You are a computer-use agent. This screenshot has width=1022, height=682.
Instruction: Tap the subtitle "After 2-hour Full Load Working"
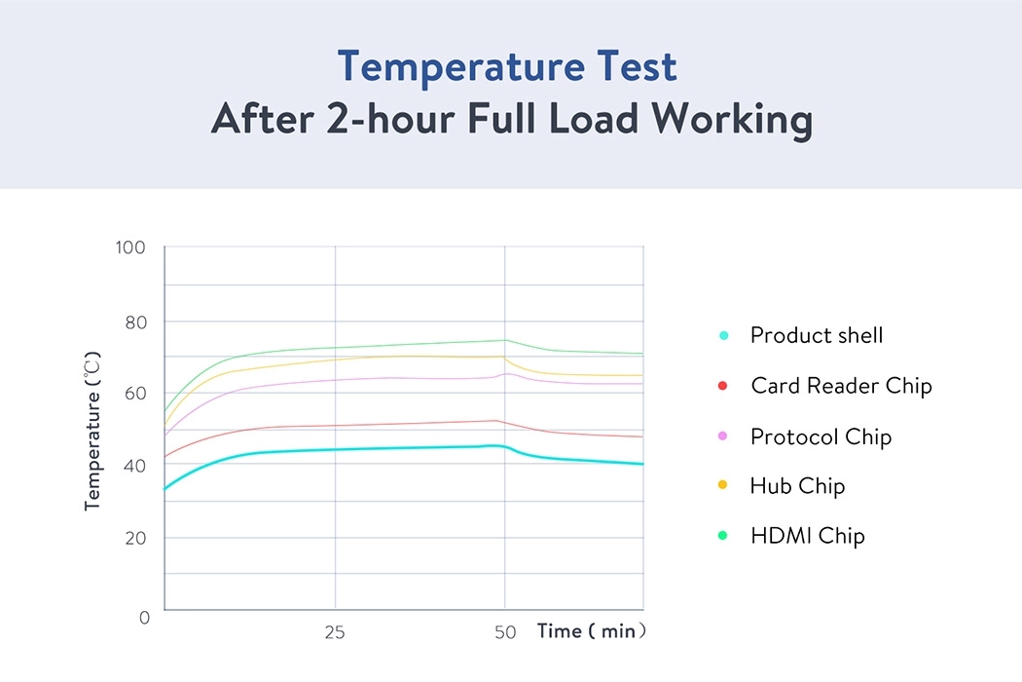tap(511, 120)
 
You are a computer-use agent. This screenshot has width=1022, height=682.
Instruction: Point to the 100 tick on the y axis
tap(129, 247)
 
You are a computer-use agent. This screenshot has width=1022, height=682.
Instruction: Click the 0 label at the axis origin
tap(144, 618)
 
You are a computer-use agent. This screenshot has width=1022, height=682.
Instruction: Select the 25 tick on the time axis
tap(335, 632)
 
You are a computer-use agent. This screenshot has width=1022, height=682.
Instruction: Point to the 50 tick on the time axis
tap(504, 632)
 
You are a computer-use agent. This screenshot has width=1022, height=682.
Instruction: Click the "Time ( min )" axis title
tap(592, 631)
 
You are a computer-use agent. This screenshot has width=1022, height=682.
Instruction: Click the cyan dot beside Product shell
tap(723, 336)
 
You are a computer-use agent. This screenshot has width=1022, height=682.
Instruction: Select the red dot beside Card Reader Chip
tap(723, 387)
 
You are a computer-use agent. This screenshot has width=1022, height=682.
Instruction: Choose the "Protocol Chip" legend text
tap(821, 436)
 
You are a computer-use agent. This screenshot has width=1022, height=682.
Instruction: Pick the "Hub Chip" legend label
tap(797, 486)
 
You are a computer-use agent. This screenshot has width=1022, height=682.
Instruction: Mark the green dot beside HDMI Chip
tap(723, 536)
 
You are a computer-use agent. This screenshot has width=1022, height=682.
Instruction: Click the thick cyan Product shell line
tap(389, 448)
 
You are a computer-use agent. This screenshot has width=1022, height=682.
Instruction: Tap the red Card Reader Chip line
tap(389, 424)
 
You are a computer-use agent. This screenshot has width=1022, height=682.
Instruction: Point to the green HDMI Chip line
tap(389, 345)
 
